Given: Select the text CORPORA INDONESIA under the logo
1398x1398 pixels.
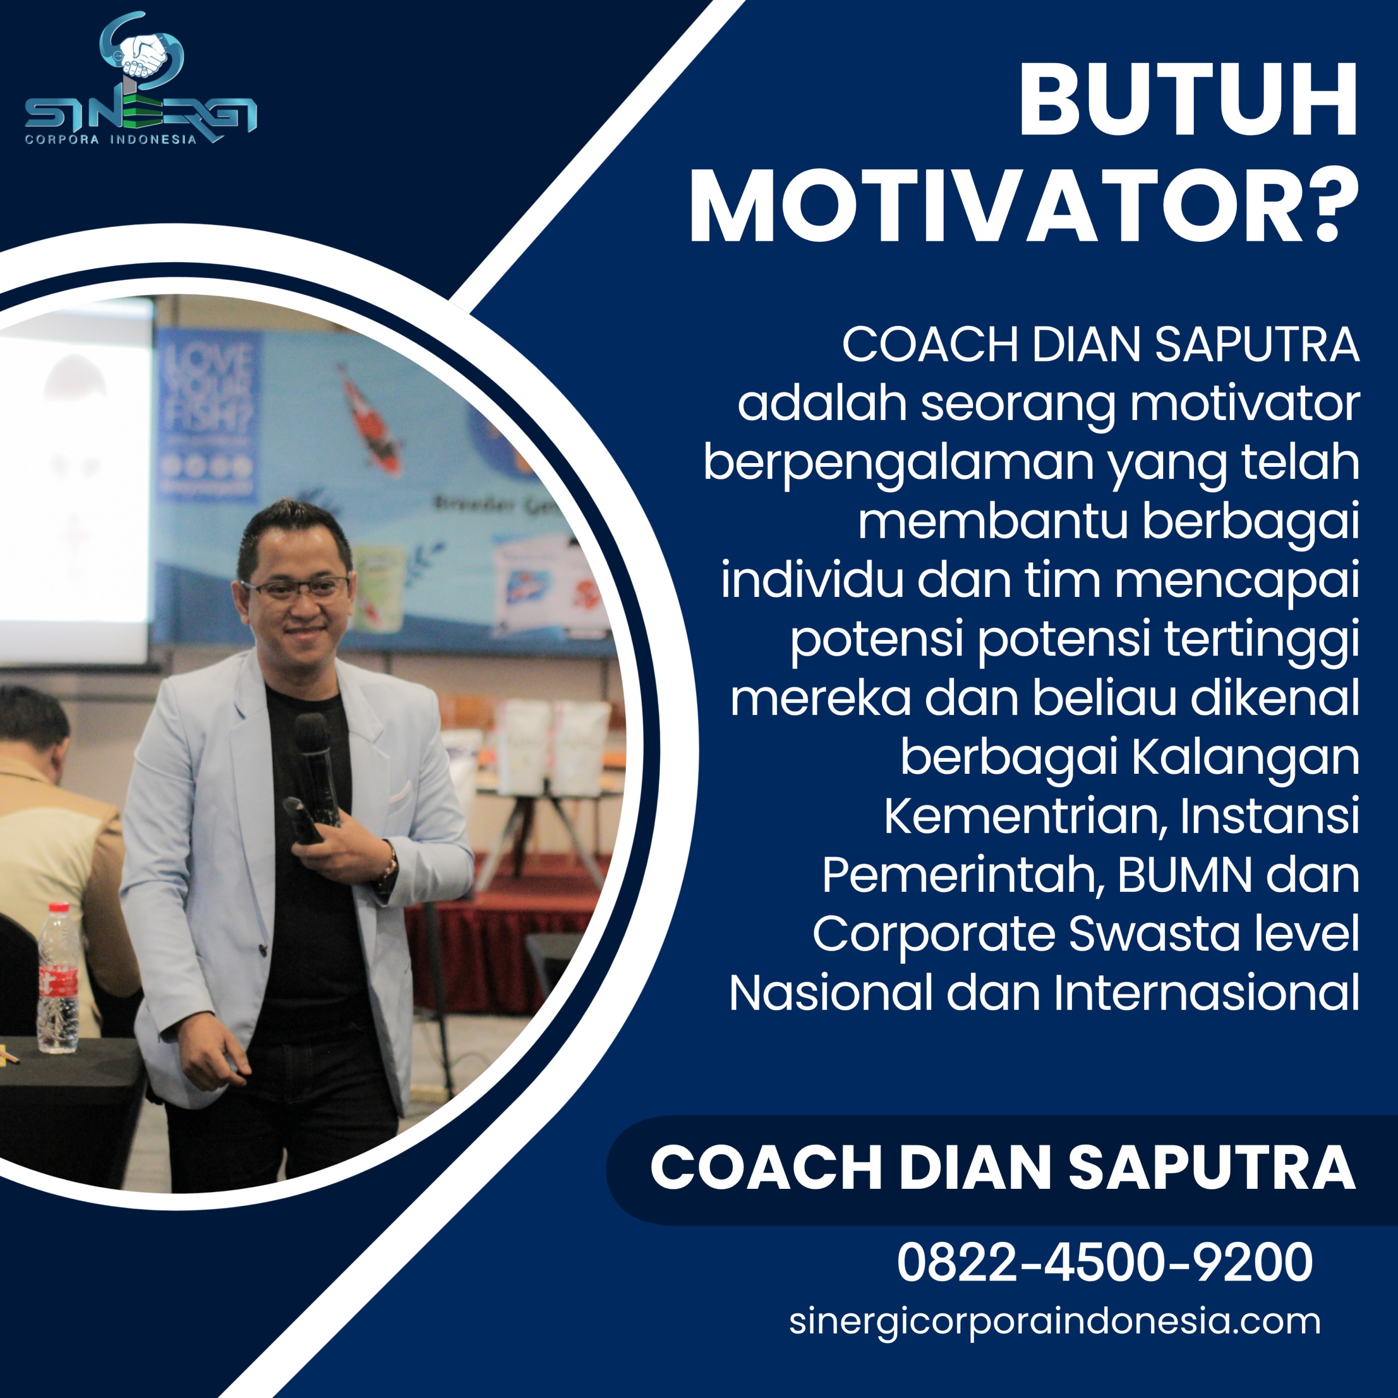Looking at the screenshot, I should (111, 140).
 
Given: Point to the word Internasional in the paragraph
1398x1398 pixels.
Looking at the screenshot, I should (1206, 993).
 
